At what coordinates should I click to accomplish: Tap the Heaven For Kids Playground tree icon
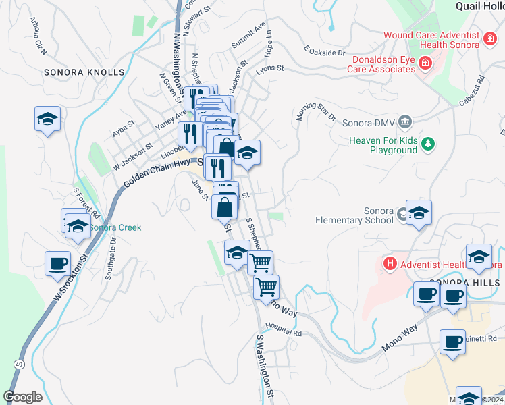[x=427, y=143]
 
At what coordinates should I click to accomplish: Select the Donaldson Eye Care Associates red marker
[x=425, y=64]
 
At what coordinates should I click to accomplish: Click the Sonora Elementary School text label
[x=354, y=215]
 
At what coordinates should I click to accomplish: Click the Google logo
[x=22, y=397]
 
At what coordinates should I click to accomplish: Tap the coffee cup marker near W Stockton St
[x=57, y=263]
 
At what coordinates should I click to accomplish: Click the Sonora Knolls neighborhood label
[x=84, y=72]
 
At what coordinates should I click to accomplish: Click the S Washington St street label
[x=265, y=364]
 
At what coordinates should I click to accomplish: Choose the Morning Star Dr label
[x=315, y=108]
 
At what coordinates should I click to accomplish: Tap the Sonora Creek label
[x=115, y=227]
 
